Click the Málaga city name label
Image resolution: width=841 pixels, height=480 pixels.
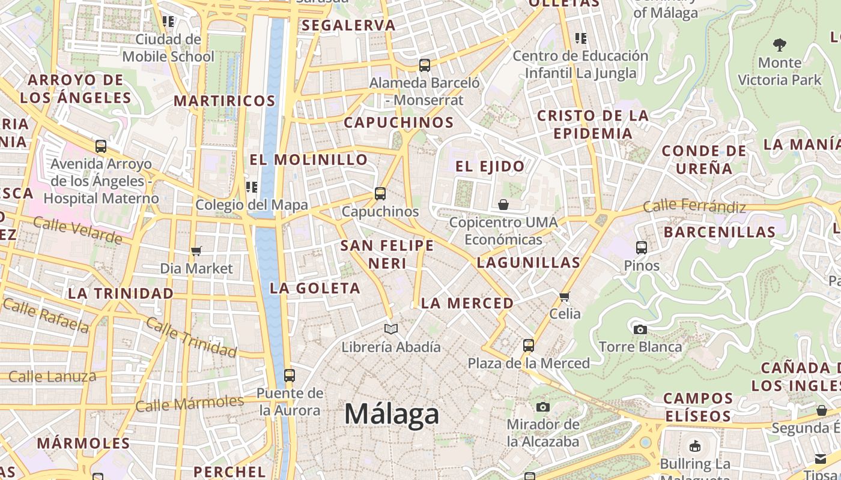click(x=392, y=415)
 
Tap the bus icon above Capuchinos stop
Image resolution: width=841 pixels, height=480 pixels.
click(x=380, y=194)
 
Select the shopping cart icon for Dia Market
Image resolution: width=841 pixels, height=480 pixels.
click(x=196, y=251)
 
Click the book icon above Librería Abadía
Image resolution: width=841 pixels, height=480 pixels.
click(x=391, y=329)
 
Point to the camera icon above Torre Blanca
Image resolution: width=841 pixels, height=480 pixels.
click(x=640, y=329)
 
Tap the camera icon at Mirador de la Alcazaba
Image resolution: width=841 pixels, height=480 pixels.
click(x=543, y=407)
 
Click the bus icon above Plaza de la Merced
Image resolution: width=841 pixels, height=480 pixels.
click(x=529, y=346)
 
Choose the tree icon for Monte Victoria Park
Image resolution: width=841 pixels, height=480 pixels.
click(x=780, y=44)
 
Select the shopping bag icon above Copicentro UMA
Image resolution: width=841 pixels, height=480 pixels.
click(x=503, y=205)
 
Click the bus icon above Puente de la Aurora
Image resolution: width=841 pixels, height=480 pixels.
click(x=290, y=376)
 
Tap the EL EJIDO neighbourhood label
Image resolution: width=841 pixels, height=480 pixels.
click(x=490, y=166)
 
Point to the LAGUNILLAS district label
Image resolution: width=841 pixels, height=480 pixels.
click(x=529, y=262)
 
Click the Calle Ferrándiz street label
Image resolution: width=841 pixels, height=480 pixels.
click(x=694, y=207)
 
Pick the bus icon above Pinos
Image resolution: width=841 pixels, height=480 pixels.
click(x=642, y=247)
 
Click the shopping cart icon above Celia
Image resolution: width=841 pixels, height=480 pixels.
click(x=565, y=296)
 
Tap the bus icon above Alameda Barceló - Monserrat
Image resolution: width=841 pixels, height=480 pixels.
click(x=425, y=65)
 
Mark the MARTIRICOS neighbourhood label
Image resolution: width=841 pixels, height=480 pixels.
click(x=225, y=101)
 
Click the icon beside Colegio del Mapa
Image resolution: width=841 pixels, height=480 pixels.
click(x=252, y=187)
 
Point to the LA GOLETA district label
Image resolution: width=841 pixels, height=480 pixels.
click(x=315, y=289)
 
